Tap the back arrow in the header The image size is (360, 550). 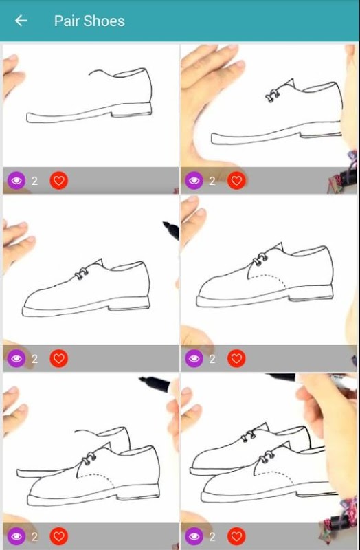[x=21, y=21]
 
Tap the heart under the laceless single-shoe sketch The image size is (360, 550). [x=59, y=180]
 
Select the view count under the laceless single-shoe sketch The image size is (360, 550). [x=34, y=181]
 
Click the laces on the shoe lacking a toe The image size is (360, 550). [x=272, y=96]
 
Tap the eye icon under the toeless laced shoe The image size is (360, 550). [x=194, y=180]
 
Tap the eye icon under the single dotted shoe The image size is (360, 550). [x=194, y=358]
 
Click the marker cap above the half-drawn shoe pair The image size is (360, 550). [x=154, y=383]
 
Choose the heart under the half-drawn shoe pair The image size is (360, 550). [x=59, y=536]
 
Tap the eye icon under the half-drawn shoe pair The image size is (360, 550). [x=16, y=536]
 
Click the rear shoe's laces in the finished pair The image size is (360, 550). [x=249, y=437]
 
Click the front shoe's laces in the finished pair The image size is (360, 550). [x=267, y=456]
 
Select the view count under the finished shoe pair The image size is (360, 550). [x=212, y=537]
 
